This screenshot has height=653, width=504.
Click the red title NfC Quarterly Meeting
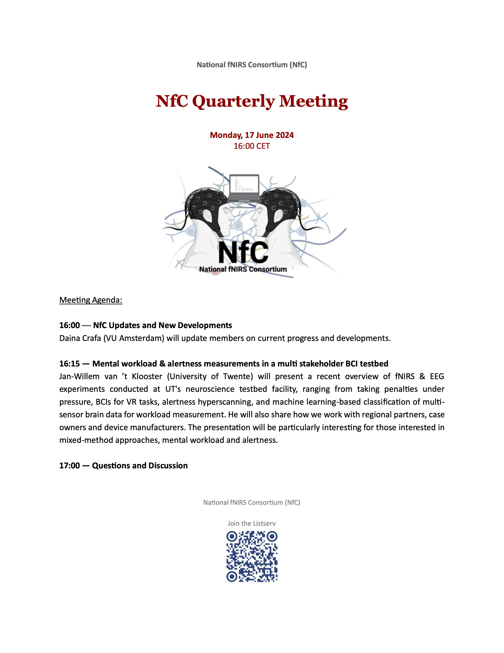pos(252,101)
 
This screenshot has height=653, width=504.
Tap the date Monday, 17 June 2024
pos(252,135)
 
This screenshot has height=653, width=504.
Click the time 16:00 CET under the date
pos(252,146)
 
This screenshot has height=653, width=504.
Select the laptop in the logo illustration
pos(244,188)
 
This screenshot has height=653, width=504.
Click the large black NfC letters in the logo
pos(243,253)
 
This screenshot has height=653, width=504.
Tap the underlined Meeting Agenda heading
pos(91,300)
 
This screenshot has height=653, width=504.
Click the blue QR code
pos(252,556)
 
